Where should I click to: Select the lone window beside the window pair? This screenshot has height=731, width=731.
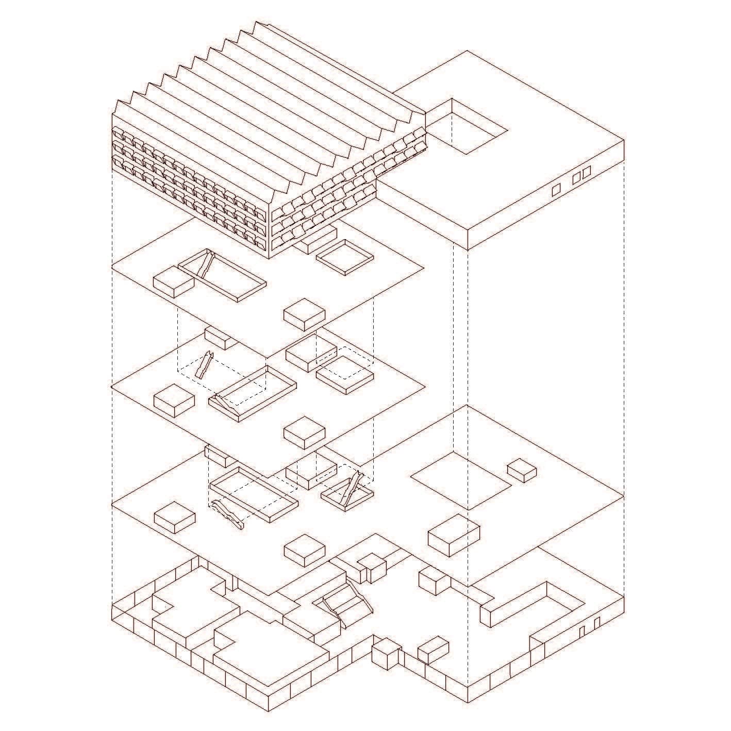pos(556,190)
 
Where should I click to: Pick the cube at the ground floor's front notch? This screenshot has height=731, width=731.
pos(386,654)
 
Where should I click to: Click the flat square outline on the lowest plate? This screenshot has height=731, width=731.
pos(461,480)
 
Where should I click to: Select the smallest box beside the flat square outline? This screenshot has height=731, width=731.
pos(522,470)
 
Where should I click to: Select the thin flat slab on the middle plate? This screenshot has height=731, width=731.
pos(344,375)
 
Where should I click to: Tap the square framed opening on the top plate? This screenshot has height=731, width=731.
pos(344,257)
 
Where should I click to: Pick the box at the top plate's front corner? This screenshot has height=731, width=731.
pos(304,314)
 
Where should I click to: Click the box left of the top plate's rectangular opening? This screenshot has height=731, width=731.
pos(173,282)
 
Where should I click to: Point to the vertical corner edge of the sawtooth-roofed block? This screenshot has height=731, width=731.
pos(270,232)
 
